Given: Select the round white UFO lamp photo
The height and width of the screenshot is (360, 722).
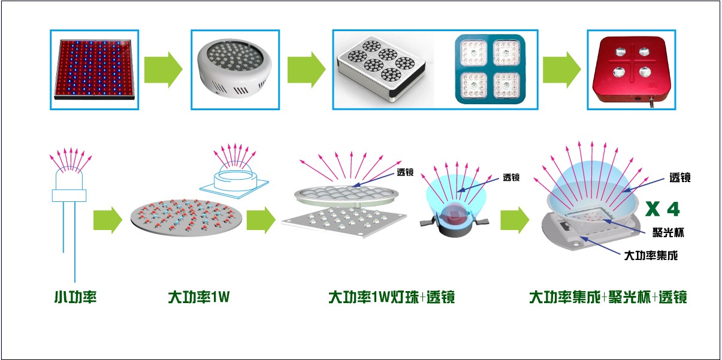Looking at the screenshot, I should click(x=235, y=69).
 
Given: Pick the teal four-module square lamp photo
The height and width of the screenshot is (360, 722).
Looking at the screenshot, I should click(x=490, y=69).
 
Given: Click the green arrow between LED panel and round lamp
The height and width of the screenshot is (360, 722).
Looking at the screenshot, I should click(x=163, y=71).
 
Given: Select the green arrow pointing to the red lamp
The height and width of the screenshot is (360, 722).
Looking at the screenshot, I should click(x=561, y=71).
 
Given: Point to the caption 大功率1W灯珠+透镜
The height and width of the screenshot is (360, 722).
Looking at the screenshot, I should click(x=391, y=297).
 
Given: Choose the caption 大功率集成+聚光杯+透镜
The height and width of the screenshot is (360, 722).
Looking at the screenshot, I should click(x=608, y=297).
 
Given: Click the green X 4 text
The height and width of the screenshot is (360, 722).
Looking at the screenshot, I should click(x=662, y=209).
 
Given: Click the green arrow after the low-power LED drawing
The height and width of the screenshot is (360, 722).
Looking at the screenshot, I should click(x=108, y=220).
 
